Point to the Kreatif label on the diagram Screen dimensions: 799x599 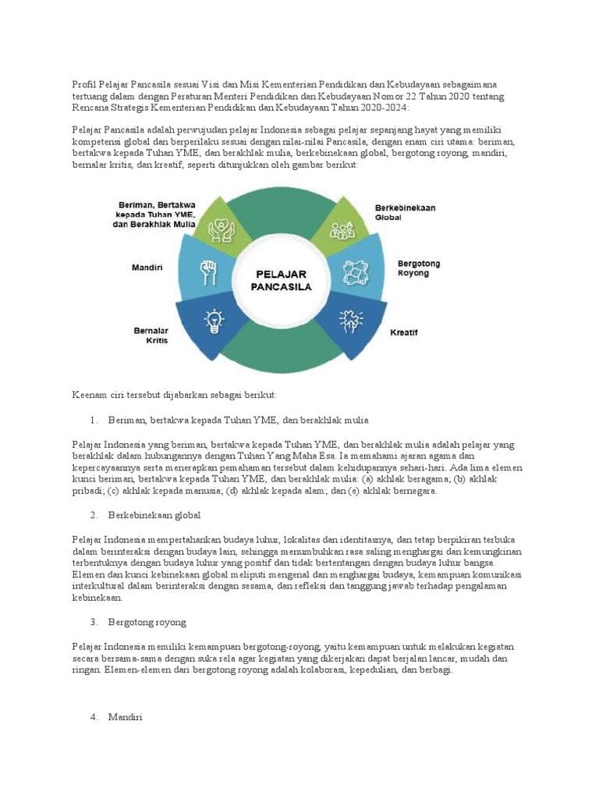click(x=404, y=332)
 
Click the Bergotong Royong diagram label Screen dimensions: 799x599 click(x=419, y=268)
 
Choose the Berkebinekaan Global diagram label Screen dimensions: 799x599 click(x=405, y=212)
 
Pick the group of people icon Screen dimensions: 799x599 click(x=342, y=229)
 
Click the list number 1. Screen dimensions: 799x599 click(x=93, y=421)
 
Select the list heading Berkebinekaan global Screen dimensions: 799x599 click(x=155, y=515)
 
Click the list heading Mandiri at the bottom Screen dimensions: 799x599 click(x=126, y=717)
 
